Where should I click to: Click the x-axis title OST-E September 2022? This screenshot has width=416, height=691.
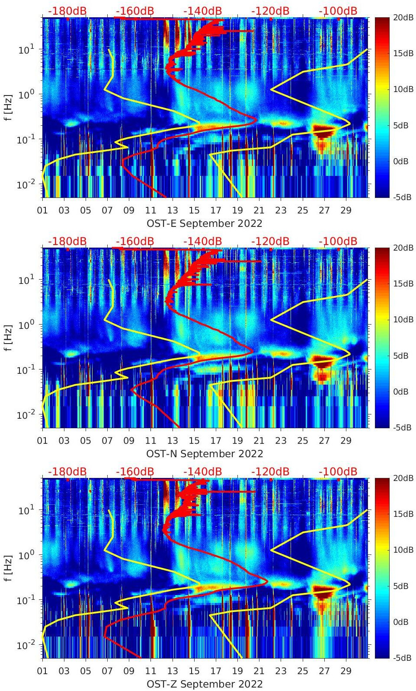(x=205, y=223)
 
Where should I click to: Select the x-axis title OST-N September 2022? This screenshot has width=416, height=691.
(x=205, y=454)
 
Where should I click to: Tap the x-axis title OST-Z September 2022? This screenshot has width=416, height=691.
(x=205, y=684)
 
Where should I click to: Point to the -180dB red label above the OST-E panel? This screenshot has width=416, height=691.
(x=67, y=11)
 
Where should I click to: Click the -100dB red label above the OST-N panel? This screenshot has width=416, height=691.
(x=338, y=241)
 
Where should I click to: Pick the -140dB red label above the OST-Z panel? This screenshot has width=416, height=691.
(x=202, y=471)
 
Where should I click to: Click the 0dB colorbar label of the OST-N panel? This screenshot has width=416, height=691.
(x=400, y=392)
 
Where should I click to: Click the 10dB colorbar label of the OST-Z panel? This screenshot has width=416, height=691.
(x=403, y=550)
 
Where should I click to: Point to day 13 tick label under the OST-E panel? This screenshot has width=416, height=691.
(x=173, y=210)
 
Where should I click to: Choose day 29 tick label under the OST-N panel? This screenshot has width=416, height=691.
(x=346, y=441)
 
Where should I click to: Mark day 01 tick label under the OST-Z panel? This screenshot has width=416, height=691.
(x=42, y=671)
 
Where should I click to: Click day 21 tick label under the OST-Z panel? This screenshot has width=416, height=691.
(x=259, y=671)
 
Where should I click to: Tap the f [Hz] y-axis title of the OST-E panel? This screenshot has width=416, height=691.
(x=8, y=107)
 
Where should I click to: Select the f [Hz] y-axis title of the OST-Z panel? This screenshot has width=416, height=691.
(x=8, y=568)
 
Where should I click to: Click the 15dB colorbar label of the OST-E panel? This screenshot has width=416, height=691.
(x=403, y=53)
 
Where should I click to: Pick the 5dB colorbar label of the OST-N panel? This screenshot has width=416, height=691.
(x=400, y=356)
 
